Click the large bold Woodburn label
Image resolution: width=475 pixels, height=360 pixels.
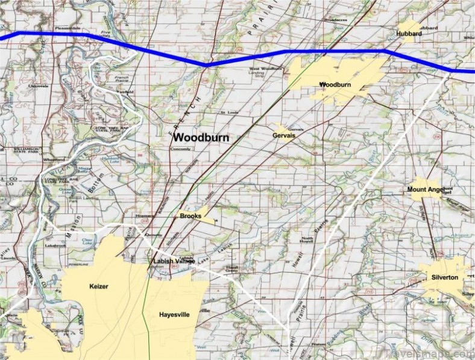[201, 137]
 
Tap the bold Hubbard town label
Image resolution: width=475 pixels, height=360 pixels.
[409, 34]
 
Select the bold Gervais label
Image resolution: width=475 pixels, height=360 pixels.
[285, 136]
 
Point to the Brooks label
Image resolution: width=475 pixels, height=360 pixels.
[190, 215]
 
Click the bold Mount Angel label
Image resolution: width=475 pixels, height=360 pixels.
[425, 190]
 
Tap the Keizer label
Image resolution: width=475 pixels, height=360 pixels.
[98, 286]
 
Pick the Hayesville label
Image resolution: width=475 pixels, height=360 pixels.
[175, 315]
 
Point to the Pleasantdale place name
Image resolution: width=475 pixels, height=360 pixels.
[66, 28]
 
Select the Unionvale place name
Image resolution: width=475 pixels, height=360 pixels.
[38, 86]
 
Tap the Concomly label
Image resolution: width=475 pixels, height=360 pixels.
[180, 148]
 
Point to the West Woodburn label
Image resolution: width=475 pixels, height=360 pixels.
[265, 69]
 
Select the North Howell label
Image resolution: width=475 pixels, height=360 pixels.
[307, 239]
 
